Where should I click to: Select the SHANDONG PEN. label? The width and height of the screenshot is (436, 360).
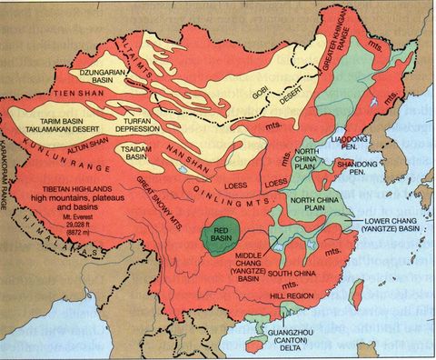tap(355, 167)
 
